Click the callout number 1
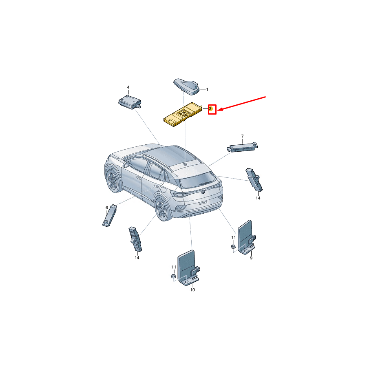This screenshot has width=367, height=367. pos(207,89)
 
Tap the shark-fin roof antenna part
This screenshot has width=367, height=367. pos(186,86)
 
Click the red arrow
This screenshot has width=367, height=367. pos(241,103)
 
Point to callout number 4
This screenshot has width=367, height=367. pos(128,87)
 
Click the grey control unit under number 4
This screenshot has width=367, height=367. pos(130,102)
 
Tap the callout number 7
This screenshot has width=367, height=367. pos(243,136)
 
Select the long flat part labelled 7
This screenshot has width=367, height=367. pos(242,147)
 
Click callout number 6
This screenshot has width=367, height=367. pos(107,208)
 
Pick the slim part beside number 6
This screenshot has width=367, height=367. pos(110,215)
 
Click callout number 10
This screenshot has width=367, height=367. pos(192,290)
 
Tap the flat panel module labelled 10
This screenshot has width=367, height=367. pos(188,267)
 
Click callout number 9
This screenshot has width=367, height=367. pos(251,258)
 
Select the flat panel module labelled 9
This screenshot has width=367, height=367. pos(246,237)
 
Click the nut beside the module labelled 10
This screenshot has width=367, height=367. pos(173,276)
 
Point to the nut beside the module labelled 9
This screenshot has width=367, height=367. pos(233,246)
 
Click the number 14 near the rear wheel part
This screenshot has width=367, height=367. pos(137,258)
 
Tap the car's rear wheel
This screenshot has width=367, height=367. pos(162,210)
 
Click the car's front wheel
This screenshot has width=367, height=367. pos(113,181)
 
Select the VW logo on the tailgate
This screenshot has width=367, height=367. pos(203,192)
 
